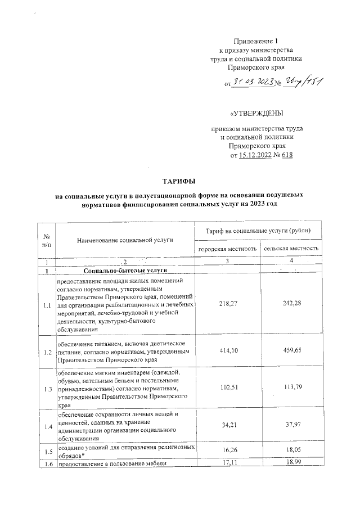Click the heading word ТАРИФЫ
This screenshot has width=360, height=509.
click(x=179, y=182)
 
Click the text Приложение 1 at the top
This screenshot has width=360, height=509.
click(x=256, y=41)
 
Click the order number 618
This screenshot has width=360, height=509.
click(x=287, y=155)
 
